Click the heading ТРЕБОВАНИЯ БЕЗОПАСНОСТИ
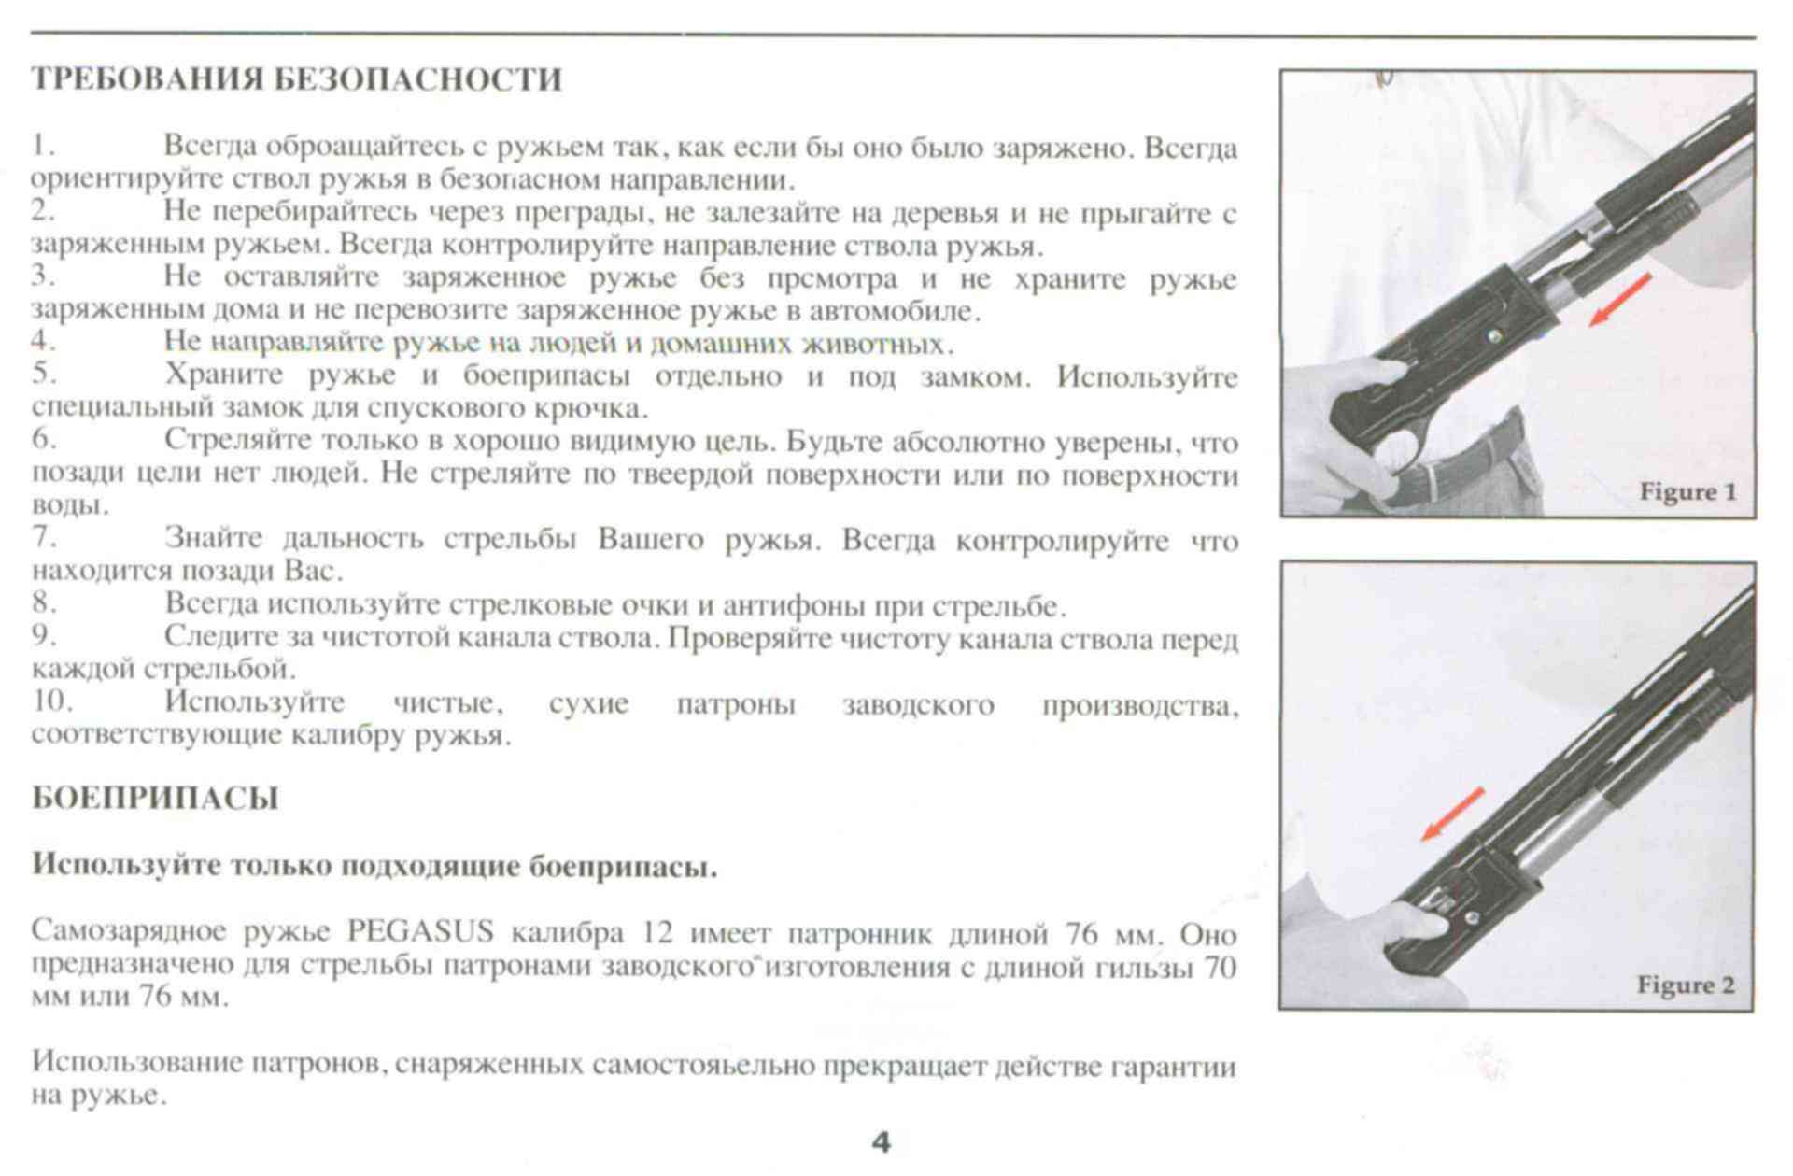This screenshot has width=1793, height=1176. (297, 80)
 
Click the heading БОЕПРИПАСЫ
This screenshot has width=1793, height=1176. (155, 800)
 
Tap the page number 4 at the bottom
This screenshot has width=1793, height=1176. (881, 1142)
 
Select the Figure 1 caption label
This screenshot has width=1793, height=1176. (1687, 492)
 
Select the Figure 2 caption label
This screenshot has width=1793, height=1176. (1686, 985)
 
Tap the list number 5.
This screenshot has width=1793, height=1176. (43, 375)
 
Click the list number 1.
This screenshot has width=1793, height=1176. (41, 147)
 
